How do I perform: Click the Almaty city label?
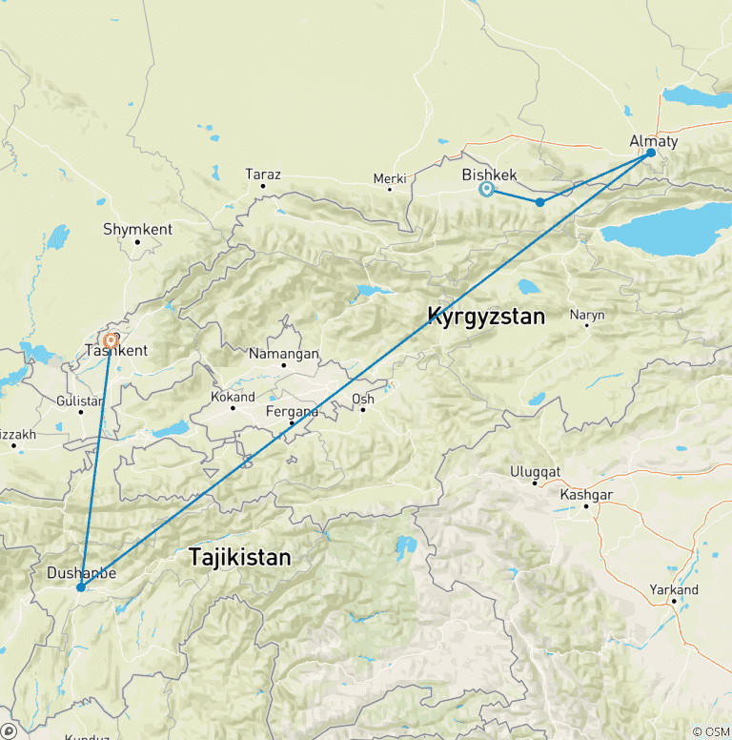[654, 141]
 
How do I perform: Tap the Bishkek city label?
[489, 175]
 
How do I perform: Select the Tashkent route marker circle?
[112, 339]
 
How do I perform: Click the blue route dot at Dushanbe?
[81, 587]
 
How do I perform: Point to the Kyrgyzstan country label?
[486, 316]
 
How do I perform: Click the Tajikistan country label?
[239, 556]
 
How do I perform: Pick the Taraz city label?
[262, 174]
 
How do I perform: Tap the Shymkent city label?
[137, 229]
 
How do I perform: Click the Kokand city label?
[233, 397]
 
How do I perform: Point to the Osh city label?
[362, 399]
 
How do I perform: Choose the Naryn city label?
[586, 314]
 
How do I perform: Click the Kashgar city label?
[586, 494]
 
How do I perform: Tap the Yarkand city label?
[673, 589]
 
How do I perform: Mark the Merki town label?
[390, 178]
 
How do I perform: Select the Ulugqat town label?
[535, 471]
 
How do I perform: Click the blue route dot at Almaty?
[651, 153]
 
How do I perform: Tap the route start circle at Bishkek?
[487, 189]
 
